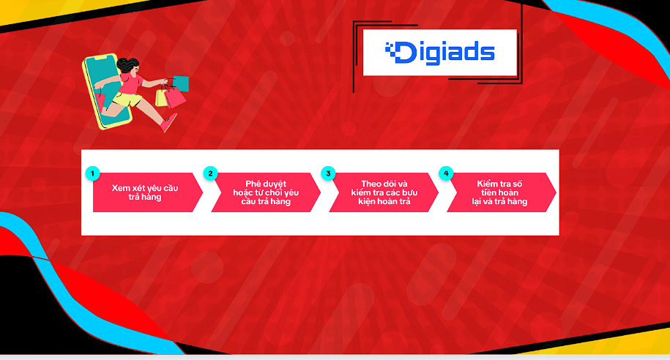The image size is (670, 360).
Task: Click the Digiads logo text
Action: point(439,53)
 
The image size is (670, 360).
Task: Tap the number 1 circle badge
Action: point(92,173)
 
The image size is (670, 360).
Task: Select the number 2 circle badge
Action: point(210,173)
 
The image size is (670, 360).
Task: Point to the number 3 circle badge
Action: point(328,173)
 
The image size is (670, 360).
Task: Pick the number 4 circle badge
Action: point(446,173)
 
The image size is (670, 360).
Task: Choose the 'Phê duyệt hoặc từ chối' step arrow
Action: point(266,192)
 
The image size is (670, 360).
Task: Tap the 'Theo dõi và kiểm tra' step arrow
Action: point(384,192)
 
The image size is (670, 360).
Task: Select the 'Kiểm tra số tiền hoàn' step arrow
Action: point(501,192)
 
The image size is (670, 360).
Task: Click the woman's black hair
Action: point(127,66)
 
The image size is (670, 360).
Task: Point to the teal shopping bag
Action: point(181,83)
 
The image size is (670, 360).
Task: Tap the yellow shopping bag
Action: point(161,97)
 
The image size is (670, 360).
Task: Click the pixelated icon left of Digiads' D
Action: point(390,49)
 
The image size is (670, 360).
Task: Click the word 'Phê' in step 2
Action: point(253,184)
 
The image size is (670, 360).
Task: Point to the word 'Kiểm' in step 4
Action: point(487,184)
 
